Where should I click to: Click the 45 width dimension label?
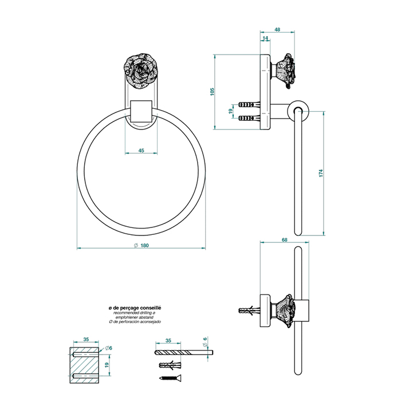click(140, 151)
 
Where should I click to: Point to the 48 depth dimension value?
click(277, 29)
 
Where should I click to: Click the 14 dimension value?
click(265, 38)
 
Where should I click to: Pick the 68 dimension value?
click(285, 240)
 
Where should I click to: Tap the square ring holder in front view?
click(140, 111)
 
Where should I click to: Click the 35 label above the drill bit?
click(168, 341)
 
